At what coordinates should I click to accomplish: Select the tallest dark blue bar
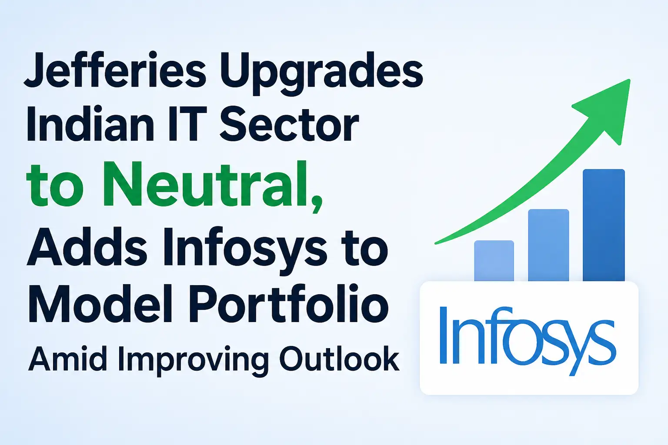604,226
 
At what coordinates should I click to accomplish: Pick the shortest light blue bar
494,261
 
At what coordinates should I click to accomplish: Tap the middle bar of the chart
548,245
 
